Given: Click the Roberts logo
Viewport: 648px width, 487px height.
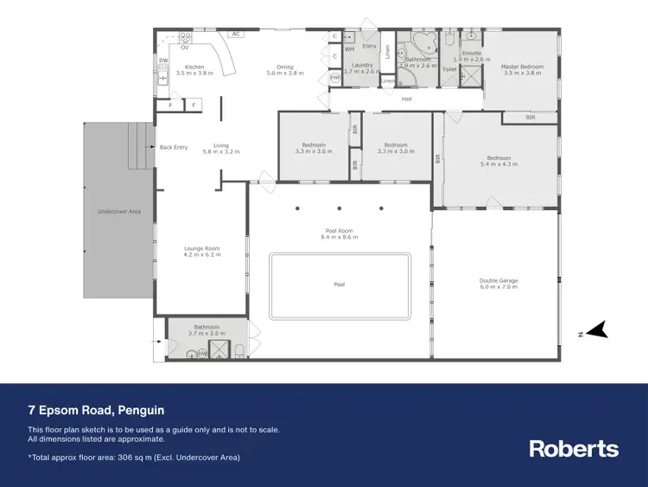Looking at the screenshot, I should pyautogui.click(x=574, y=448).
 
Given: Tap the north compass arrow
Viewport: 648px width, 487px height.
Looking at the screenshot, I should pyautogui.click(x=596, y=330).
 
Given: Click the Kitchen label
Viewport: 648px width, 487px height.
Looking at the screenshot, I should pyautogui.click(x=194, y=67).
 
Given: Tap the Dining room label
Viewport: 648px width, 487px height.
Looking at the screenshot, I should pyautogui.click(x=285, y=67).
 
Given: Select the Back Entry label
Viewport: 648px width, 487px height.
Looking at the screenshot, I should pyautogui.click(x=174, y=147).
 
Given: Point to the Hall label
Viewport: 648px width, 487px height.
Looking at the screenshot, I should pyautogui.click(x=406, y=99).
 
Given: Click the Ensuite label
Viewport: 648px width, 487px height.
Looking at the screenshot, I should pyautogui.click(x=472, y=54).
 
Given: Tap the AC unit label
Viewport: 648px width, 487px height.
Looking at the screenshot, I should pyautogui.click(x=235, y=35).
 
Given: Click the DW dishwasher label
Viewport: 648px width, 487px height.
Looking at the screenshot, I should pyautogui.click(x=162, y=61).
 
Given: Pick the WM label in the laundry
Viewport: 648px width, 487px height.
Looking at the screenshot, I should pyautogui.click(x=349, y=49).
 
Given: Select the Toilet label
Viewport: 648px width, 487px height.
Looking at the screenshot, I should pyautogui.click(x=449, y=69).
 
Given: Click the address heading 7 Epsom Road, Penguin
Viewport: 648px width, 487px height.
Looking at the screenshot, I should pyautogui.click(x=96, y=410).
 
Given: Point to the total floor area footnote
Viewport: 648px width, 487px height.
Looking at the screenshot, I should pyautogui.click(x=134, y=457).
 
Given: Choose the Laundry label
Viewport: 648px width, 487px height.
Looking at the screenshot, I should pyautogui.click(x=362, y=65).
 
